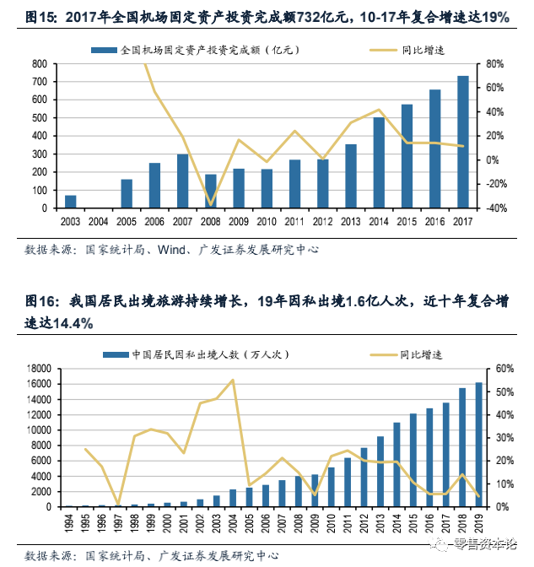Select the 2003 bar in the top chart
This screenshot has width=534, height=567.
[71, 201]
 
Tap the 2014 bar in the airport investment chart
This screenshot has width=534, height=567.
[379, 162]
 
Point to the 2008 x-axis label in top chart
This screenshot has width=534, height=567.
[211, 221]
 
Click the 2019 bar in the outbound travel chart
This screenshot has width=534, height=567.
[479, 445]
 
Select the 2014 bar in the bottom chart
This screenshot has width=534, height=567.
[397, 464]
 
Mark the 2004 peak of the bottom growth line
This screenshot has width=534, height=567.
[233, 380]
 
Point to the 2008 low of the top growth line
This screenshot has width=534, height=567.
[211, 204]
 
